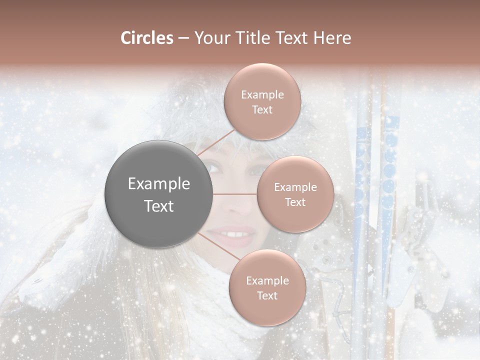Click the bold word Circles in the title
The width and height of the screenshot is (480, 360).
point(147,38)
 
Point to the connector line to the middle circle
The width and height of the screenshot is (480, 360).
point(235,194)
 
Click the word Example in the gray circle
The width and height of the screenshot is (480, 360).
point(159,184)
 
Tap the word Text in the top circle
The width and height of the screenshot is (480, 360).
point(262,109)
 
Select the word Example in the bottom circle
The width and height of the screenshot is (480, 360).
point(267,280)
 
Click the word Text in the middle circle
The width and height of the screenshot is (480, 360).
point(295,202)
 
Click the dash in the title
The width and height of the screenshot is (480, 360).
point(183,38)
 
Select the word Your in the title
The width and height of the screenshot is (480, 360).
point(210,38)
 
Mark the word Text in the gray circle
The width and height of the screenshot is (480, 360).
point(159,206)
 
